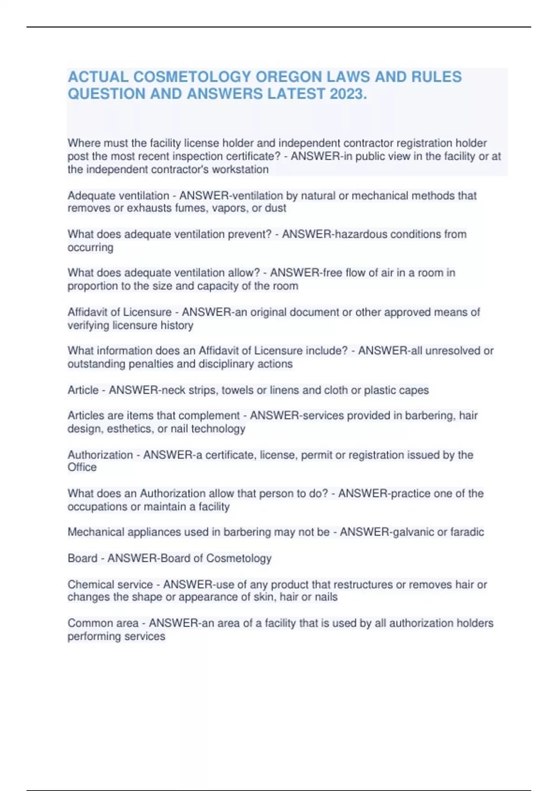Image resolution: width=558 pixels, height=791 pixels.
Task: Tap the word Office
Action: [82, 467]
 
